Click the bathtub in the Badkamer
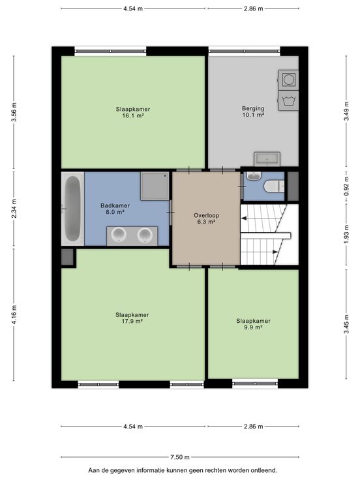[x=73, y=209]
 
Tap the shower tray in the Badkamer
[x=155, y=186]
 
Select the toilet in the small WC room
[x=275, y=186]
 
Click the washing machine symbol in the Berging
[x=288, y=100]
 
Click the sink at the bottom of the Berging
[x=267, y=159]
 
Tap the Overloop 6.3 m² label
[x=206, y=218]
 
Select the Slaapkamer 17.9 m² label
[x=132, y=318]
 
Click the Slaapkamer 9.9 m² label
[x=253, y=324]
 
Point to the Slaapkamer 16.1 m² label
[x=133, y=112]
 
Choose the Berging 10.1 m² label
[x=253, y=112]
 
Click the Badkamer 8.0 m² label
[x=115, y=209]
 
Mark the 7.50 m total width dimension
[x=180, y=457]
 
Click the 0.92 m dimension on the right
[x=346, y=186]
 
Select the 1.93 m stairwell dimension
[x=346, y=235]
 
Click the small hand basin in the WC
[x=254, y=176]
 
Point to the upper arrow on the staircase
[x=244, y=218]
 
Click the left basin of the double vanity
[x=119, y=235]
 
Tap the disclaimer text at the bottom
[x=183, y=470]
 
